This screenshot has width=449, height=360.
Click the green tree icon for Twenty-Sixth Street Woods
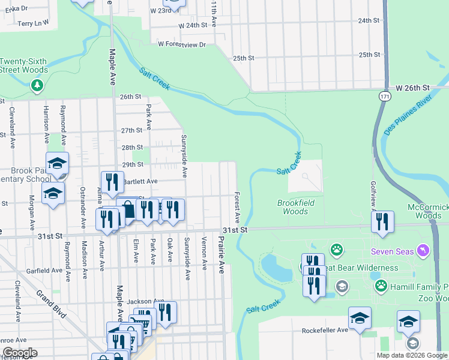(37, 86)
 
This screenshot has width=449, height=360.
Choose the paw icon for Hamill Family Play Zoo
(381, 285)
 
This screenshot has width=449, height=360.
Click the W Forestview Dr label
(181, 44)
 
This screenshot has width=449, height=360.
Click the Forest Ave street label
(237, 207)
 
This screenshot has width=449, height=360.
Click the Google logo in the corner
(19, 353)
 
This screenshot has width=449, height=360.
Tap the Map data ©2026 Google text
(411, 355)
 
